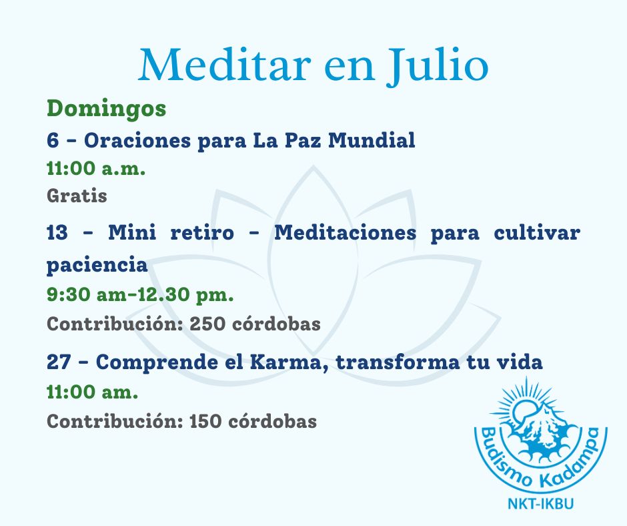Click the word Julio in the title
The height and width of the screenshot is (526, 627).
438,65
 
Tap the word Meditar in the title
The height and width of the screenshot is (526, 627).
225,64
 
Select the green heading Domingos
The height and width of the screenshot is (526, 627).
106,109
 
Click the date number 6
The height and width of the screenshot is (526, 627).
53,140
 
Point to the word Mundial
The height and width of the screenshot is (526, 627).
372,140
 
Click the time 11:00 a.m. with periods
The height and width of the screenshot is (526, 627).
96,168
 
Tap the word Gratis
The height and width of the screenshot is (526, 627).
77,196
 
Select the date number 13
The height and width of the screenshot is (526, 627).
57,232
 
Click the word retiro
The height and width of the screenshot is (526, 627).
202,232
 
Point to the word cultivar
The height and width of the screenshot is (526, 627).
537,232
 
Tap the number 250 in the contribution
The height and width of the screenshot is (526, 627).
207,324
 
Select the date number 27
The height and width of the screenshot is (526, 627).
59,362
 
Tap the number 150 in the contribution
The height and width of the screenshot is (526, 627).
205,421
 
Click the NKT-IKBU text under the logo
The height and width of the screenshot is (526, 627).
541,503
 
